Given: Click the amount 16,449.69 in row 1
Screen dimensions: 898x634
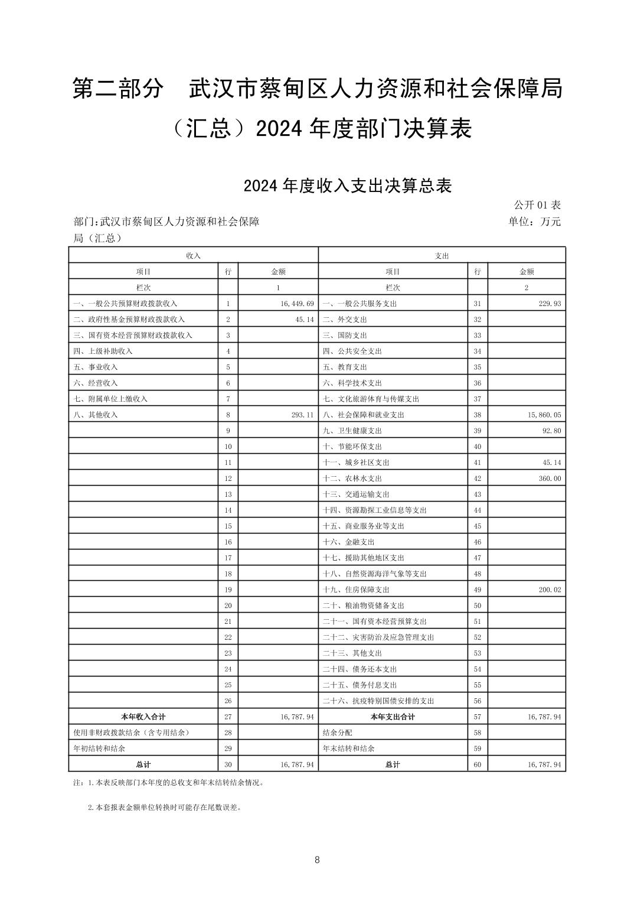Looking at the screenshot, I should click(293, 304).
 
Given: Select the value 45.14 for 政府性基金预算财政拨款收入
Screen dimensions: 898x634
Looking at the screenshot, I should click(302, 320).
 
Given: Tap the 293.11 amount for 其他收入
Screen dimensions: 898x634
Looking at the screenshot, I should click(302, 415).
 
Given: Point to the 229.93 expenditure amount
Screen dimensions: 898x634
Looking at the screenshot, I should click(550, 304).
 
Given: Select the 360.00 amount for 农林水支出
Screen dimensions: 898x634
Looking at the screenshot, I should click(550, 479).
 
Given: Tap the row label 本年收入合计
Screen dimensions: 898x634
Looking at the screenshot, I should click(143, 717).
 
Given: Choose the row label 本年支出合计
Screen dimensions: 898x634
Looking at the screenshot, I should click(393, 717).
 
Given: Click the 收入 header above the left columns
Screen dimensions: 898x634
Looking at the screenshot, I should click(193, 256).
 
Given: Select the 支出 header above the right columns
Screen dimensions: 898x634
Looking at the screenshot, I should click(442, 256).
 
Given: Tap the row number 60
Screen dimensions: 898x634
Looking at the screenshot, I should click(478, 764).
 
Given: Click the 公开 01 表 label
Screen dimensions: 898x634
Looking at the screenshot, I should click(537, 205).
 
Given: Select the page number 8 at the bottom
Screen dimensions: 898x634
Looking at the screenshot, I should click(317, 860).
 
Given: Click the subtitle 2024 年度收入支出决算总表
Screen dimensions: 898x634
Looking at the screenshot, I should click(348, 186).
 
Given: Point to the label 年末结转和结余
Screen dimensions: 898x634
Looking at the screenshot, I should click(348, 749).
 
